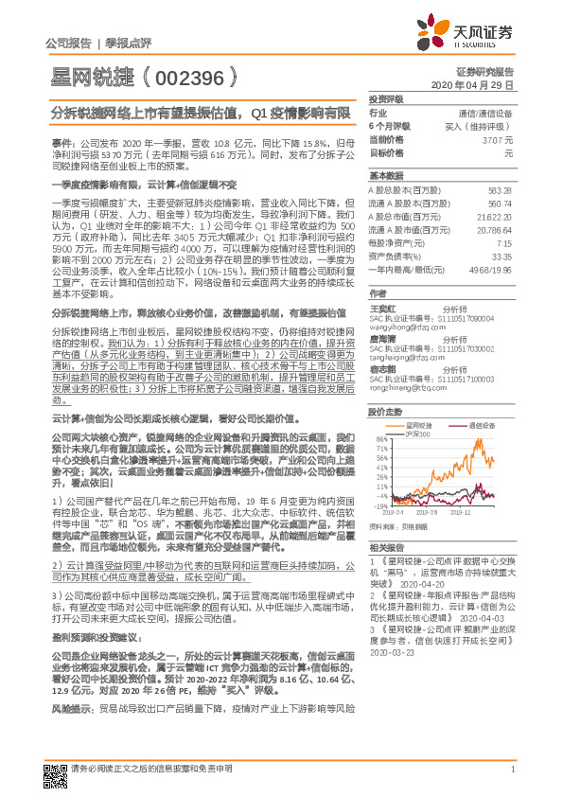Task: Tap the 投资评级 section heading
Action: tap(386, 98)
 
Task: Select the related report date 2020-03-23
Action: tap(392, 626)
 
